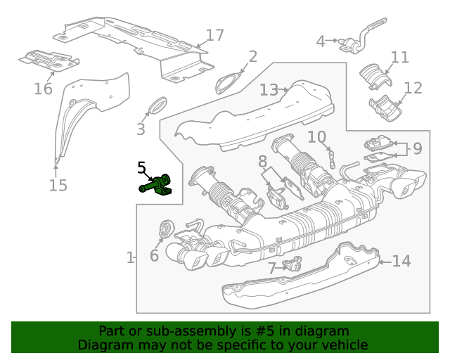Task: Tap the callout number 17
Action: pyautogui.click(x=214, y=35)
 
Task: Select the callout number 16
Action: pyautogui.click(x=43, y=89)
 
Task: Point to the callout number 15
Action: pyautogui.click(x=58, y=185)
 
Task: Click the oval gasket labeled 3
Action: pyautogui.click(x=156, y=107)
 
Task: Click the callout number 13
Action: pyautogui.click(x=269, y=90)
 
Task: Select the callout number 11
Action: pyautogui.click(x=399, y=57)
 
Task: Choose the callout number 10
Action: pyautogui.click(x=316, y=136)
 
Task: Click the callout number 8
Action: pyautogui.click(x=262, y=162)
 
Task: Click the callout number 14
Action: pyautogui.click(x=400, y=262)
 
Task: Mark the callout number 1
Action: pyautogui.click(x=130, y=258)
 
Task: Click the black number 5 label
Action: pyautogui.click(x=141, y=167)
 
